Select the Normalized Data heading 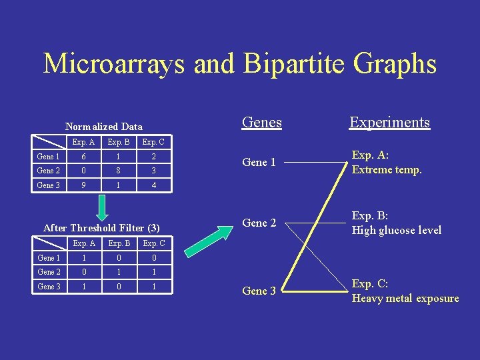(x=103, y=126)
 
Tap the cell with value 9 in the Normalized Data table (x=83, y=185)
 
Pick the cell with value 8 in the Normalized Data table (x=119, y=171)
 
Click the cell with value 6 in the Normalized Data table (x=83, y=156)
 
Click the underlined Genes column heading (x=261, y=123)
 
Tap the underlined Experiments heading (x=389, y=123)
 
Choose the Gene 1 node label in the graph (x=259, y=163)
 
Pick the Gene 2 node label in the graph (x=259, y=223)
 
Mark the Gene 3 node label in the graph (x=259, y=291)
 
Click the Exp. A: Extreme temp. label (x=387, y=163)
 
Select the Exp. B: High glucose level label (x=396, y=223)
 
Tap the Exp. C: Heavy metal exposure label (x=405, y=291)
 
